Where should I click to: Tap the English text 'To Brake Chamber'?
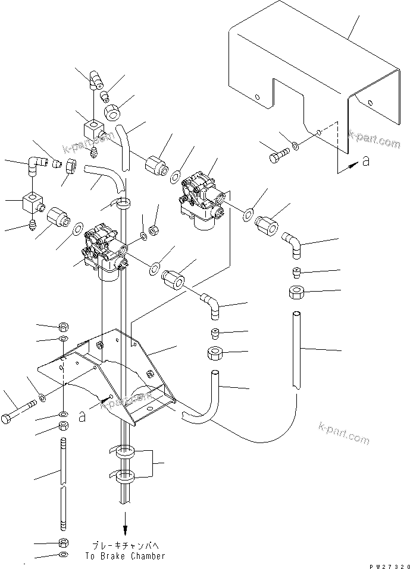[x=125, y=556]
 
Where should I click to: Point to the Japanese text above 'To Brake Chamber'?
[x=125, y=544]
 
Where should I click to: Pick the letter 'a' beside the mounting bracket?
[x=82, y=416]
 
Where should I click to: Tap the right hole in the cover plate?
[x=371, y=105]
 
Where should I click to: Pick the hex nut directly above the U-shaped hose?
[x=215, y=353]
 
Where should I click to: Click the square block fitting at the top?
[x=93, y=128]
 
